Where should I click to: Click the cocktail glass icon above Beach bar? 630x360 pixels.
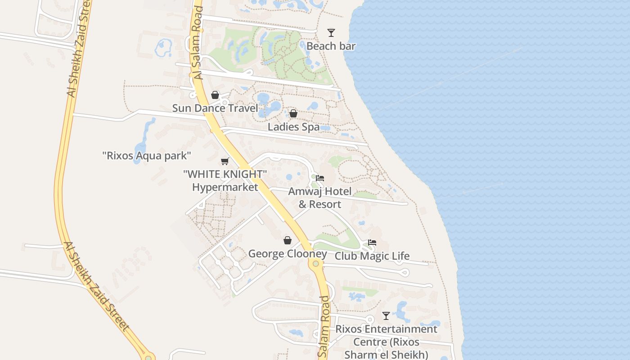point(331,32)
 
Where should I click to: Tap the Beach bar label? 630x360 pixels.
point(331,46)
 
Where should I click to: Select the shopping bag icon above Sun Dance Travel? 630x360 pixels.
point(215,95)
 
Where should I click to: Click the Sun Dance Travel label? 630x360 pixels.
point(215,108)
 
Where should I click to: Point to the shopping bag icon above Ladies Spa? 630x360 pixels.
point(293,113)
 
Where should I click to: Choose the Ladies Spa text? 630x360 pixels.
point(293,127)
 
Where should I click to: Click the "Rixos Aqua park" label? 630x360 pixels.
point(147,156)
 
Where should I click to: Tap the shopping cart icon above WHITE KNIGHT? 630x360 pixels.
point(225,161)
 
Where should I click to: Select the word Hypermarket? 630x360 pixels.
point(225,187)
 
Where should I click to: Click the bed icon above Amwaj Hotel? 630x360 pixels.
point(320,178)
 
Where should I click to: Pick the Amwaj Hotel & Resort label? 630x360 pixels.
point(320,198)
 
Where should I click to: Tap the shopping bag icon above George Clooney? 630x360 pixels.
point(288,241)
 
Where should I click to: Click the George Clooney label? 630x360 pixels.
point(288,254)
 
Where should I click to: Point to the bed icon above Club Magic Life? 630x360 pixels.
point(372,243)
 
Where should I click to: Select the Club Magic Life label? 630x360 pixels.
point(372,256)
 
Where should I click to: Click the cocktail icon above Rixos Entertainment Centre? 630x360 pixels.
point(386,315)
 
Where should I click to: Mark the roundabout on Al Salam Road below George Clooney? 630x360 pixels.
point(316,263)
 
